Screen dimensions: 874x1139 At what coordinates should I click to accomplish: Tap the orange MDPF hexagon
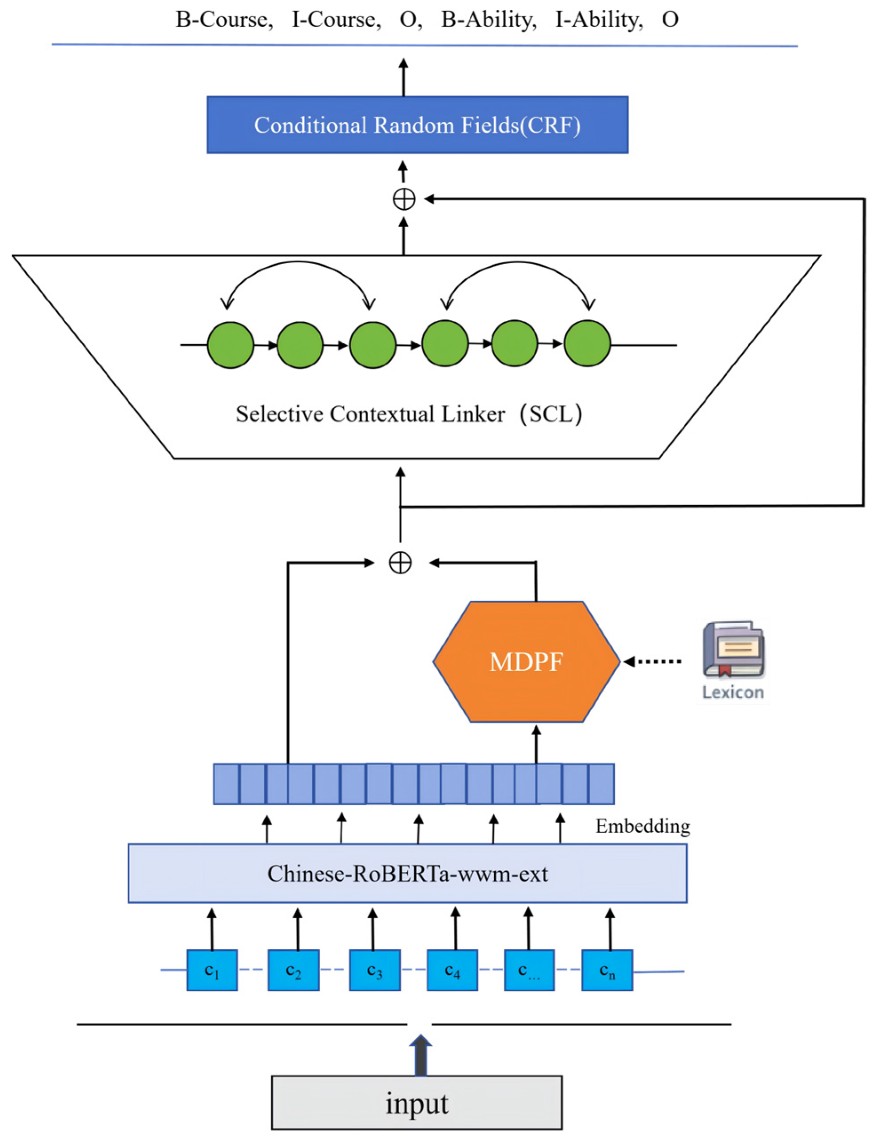[x=526, y=662]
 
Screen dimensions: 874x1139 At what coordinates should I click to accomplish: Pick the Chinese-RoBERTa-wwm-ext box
[x=407, y=874]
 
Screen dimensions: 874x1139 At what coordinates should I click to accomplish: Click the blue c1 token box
[x=212, y=970]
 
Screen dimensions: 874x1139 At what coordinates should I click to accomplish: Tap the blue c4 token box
[x=452, y=970]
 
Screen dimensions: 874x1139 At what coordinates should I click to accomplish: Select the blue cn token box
[x=607, y=970]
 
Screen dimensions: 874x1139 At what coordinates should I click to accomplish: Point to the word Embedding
[x=643, y=826]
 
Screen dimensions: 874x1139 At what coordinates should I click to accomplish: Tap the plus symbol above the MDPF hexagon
[x=400, y=562]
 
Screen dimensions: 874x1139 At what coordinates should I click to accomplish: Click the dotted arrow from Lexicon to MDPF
[x=652, y=661]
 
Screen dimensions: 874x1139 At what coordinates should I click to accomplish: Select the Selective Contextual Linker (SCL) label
[x=409, y=414]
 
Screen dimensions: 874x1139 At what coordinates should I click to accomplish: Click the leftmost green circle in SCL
[x=230, y=344]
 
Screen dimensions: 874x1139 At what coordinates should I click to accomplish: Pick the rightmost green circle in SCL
[x=588, y=343]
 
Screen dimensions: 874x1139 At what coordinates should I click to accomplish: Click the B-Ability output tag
[x=489, y=20]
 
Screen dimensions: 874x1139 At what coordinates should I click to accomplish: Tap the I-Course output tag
[x=336, y=20]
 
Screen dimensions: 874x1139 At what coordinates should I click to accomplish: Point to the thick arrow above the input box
[x=421, y=1055]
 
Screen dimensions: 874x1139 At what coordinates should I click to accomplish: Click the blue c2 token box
[x=294, y=970]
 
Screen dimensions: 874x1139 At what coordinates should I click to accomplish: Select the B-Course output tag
[x=224, y=20]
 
